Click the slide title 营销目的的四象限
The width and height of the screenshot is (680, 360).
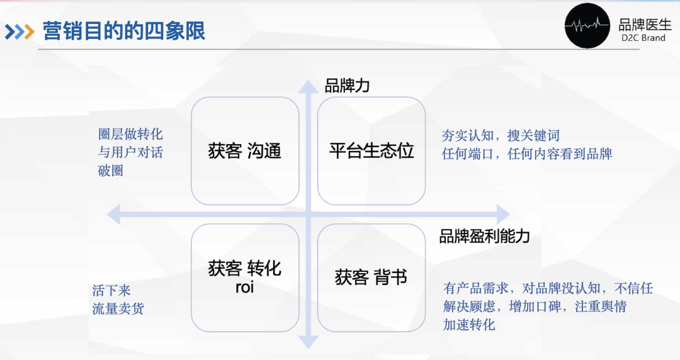pos(124,31)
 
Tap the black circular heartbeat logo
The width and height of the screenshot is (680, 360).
pos(587,26)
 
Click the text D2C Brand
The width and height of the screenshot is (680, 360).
pos(643,38)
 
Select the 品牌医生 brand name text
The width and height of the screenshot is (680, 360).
pos(645,25)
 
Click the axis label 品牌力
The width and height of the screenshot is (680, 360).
pos(347,86)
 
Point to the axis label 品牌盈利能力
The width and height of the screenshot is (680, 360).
pos(484,237)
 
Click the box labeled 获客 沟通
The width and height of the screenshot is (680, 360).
pos(245,151)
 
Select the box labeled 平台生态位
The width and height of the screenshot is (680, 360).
pos(371,151)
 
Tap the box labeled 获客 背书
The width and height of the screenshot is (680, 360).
pos(371,278)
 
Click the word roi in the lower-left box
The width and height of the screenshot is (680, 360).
pos(244,287)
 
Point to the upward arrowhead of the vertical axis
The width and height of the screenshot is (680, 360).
pos(309,87)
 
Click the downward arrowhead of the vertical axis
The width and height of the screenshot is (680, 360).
pos(309,342)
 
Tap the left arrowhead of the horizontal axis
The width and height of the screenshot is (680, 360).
pos(113,215)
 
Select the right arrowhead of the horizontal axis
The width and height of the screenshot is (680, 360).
pos(503,215)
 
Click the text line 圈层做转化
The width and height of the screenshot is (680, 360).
pos(130,134)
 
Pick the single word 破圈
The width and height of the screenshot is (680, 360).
pos(111,171)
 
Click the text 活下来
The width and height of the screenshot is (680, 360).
pos(111,290)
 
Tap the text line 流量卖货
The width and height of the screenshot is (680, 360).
pos(118,308)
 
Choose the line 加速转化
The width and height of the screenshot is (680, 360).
pos(469,324)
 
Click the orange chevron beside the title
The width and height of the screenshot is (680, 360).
pos(29,31)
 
